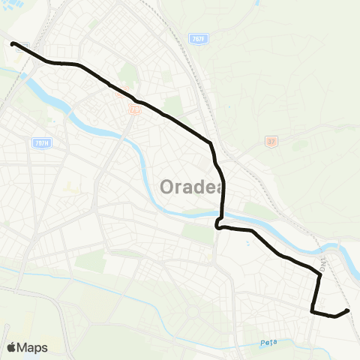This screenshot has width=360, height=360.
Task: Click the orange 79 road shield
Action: (134, 110)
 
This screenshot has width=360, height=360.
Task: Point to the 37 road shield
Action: (271, 140)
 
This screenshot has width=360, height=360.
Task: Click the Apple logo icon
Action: (11, 347)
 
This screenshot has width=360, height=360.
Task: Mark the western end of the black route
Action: (13, 43)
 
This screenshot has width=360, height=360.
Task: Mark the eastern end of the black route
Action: (348, 310)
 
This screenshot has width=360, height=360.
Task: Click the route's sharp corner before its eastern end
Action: (312, 309)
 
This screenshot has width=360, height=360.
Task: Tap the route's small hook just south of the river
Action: (217, 224)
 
